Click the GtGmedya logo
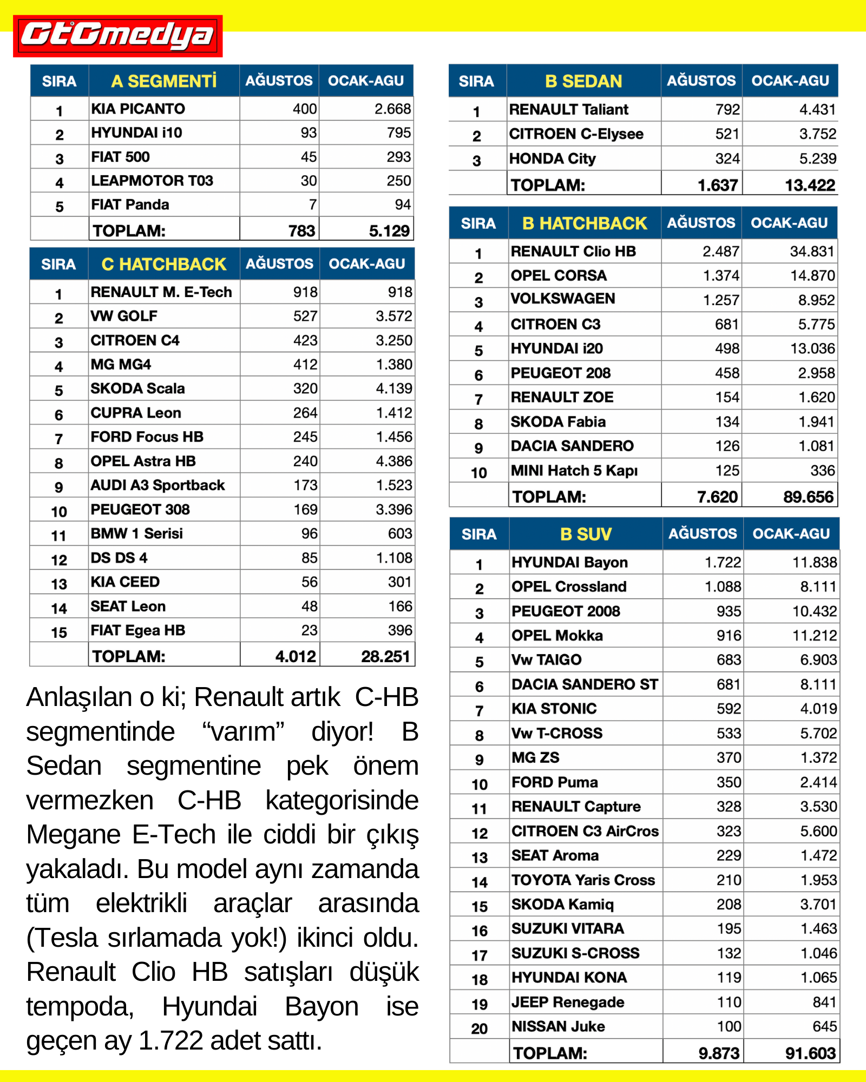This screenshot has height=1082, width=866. point(117,36)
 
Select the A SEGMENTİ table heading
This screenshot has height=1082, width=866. point(163,81)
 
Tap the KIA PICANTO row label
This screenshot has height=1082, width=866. point(138,109)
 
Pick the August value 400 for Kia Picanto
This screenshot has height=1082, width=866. point(305,109)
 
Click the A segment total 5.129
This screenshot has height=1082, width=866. point(389,231)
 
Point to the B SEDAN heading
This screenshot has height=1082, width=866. point(583,81)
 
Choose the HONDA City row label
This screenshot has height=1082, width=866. point(552,159)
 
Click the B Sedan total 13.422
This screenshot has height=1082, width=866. point(810,185)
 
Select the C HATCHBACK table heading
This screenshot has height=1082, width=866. point(163,264)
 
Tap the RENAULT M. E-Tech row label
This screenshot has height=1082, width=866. point(161,292)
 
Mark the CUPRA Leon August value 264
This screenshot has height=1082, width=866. point(305,413)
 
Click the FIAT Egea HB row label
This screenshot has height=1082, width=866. point(137,630)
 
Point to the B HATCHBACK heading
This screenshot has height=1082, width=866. point(585,223)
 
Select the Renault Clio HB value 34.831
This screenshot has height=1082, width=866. point(812,252)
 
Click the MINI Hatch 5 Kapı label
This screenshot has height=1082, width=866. point(574,471)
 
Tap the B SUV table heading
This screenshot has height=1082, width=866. point(586,534)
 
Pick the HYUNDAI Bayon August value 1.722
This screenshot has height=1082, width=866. point(723,563)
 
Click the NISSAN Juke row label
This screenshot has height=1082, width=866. point(558,1026)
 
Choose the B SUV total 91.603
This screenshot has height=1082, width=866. point(810,1053)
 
